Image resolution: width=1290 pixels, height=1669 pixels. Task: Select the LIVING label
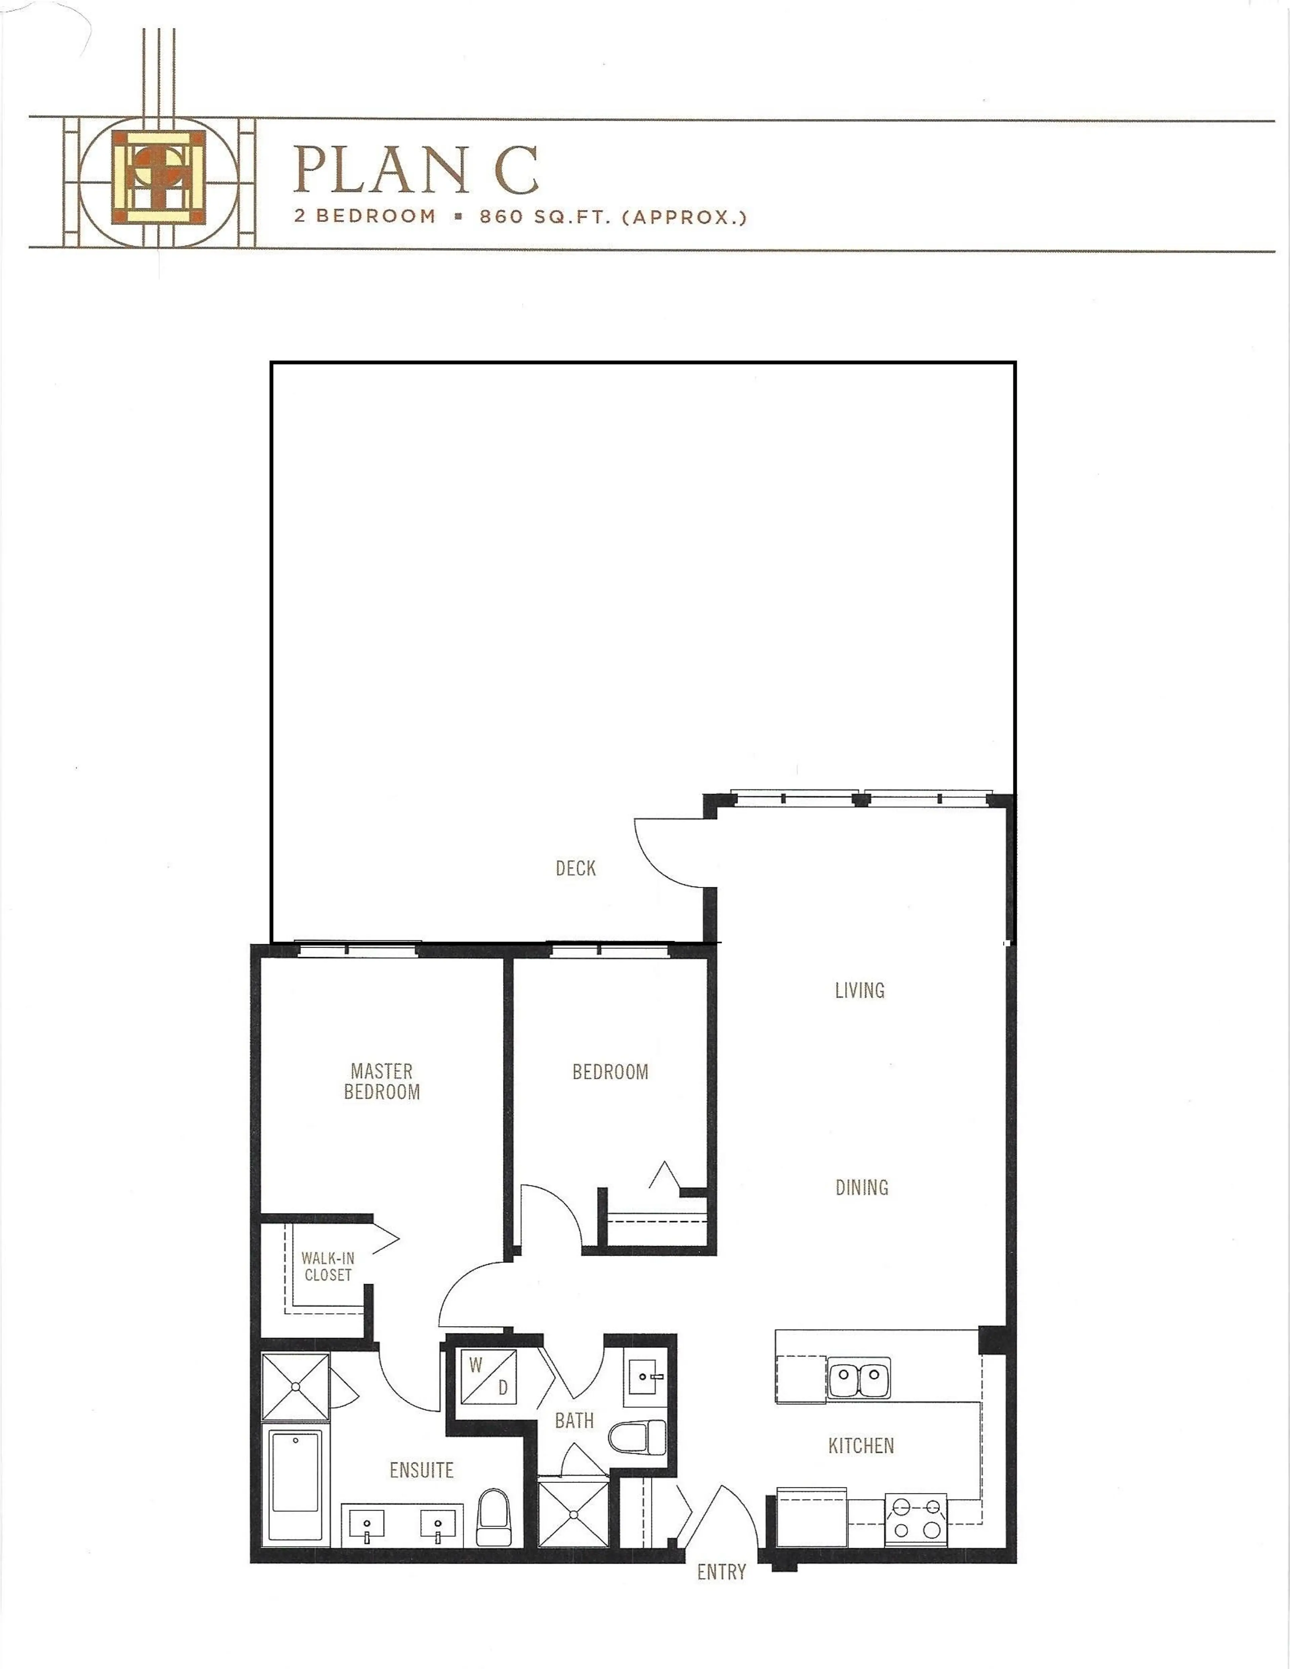pos(860,991)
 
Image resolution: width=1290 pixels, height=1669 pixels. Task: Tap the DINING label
pos(861,1188)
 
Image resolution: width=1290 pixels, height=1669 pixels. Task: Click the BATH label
pos(574,1421)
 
